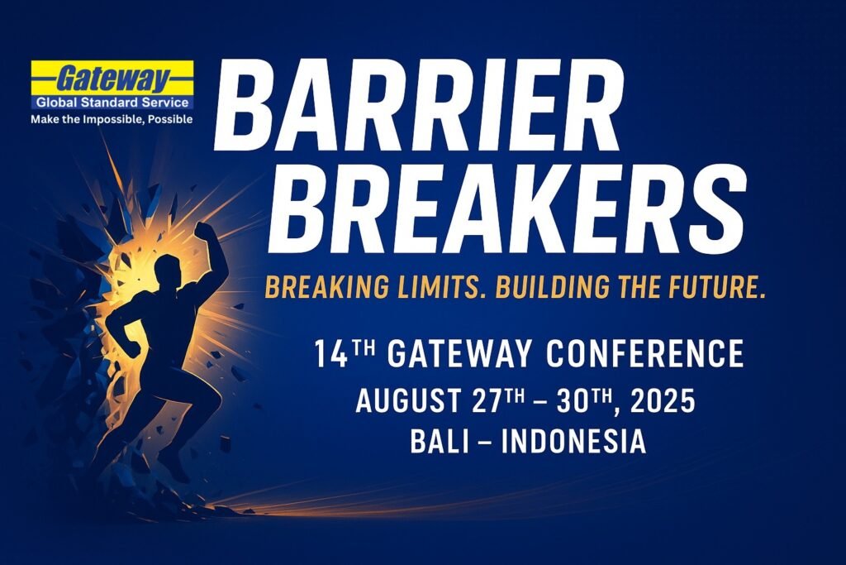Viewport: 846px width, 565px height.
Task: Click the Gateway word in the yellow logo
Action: coord(112,79)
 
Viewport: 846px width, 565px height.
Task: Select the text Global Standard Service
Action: coord(112,103)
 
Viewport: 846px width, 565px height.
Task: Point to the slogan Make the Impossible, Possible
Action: coord(112,119)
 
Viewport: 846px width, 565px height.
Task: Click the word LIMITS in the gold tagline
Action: coord(435,287)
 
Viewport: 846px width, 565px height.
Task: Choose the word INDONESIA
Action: coord(573,441)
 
